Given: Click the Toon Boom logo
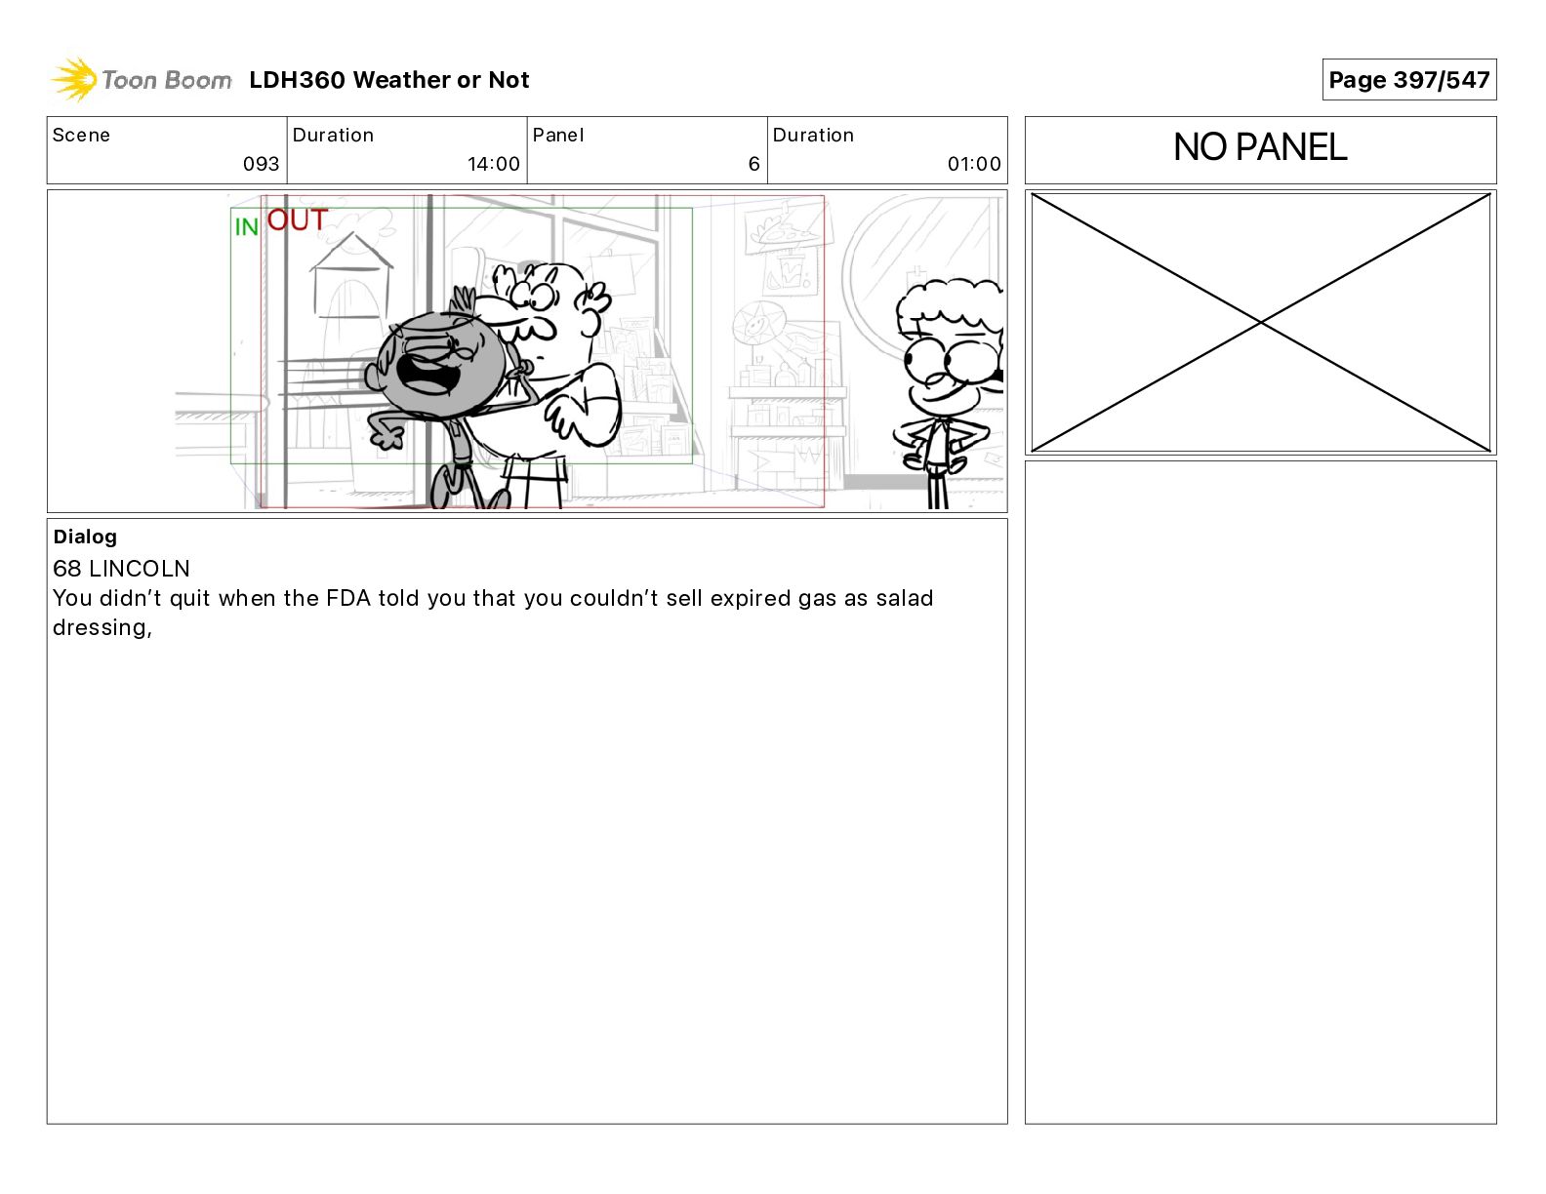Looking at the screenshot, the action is tap(141, 80).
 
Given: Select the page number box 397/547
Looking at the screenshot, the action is tap(1408, 80).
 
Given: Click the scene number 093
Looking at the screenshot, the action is tap(262, 164).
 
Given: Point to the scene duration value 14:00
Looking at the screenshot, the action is tap(494, 164).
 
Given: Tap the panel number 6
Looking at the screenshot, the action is tap(754, 164).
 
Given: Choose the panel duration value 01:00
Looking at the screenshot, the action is tap(974, 164).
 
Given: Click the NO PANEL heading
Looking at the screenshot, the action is tap(1260, 147).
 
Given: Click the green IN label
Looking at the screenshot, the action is tap(246, 227).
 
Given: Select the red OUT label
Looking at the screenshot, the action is tap(298, 219).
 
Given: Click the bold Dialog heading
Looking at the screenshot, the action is tap(85, 537).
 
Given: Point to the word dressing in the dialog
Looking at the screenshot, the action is tap(100, 628).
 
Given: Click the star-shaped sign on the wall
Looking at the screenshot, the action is tap(758, 326).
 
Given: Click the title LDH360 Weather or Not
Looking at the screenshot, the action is tap(389, 80).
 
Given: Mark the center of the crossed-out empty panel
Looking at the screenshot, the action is tap(1261, 322).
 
